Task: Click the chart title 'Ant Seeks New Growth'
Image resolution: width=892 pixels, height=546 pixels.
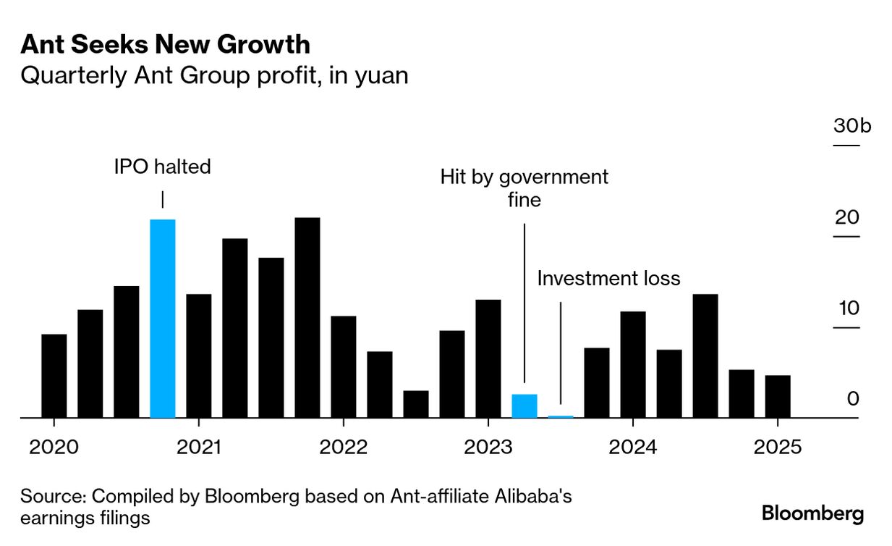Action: click(x=165, y=45)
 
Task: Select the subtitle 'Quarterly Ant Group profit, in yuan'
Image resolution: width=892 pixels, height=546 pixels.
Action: click(x=214, y=75)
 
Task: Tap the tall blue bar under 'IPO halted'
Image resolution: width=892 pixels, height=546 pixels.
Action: click(x=162, y=319)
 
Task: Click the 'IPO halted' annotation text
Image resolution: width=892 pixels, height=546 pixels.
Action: click(x=162, y=167)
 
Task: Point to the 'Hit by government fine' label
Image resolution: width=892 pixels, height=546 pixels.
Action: click(x=524, y=188)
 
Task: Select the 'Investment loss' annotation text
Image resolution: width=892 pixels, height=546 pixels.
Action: click(x=608, y=278)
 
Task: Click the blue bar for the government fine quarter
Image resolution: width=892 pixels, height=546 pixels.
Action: click(x=524, y=406)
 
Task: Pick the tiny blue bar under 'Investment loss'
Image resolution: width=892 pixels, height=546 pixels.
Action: click(x=561, y=416)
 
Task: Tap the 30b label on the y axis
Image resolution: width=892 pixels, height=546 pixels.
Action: click(x=852, y=125)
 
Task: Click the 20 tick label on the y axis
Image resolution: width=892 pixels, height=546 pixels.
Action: click(x=846, y=217)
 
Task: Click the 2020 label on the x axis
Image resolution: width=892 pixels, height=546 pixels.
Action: click(x=54, y=448)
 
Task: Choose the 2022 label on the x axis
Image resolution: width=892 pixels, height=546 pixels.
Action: click(x=344, y=448)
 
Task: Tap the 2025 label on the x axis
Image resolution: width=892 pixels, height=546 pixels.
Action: click(x=778, y=448)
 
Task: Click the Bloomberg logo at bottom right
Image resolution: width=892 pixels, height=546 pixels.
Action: click(x=812, y=514)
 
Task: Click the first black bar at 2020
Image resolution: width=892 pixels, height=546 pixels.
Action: click(x=54, y=376)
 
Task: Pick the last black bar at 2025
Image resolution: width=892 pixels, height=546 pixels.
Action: click(x=778, y=396)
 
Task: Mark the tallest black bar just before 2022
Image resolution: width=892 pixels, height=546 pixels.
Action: click(x=307, y=317)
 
